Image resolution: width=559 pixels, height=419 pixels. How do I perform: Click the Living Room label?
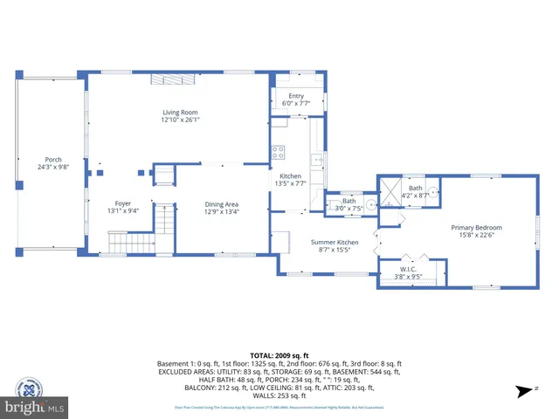tap(180, 112)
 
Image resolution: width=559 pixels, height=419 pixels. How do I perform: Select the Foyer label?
tap(122, 203)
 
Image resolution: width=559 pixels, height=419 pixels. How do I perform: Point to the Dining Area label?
tap(221, 203)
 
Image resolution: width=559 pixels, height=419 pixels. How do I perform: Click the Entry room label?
tap(296, 96)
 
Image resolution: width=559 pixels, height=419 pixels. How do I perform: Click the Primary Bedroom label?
tap(473, 228)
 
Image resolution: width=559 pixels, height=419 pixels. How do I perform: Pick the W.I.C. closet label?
tap(407, 270)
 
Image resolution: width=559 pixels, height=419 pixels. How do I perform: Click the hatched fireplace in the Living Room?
tap(169, 79)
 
